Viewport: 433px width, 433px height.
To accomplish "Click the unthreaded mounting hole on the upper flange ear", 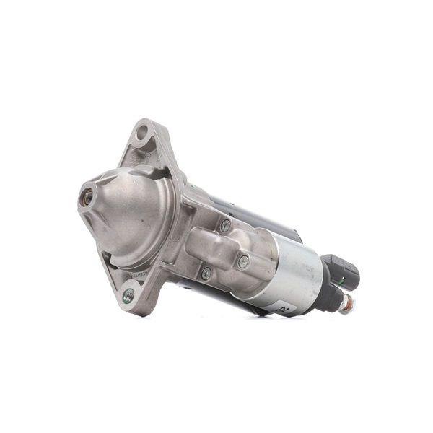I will click(142, 132).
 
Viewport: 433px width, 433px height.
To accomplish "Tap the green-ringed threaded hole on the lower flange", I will click(128, 294).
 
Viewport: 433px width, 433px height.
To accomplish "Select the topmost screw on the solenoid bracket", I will click(226, 225).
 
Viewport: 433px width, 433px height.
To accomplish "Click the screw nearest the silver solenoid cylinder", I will click(243, 261).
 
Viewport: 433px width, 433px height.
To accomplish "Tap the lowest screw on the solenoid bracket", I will click(206, 273).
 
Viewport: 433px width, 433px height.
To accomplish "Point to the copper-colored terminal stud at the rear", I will click(346, 306).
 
